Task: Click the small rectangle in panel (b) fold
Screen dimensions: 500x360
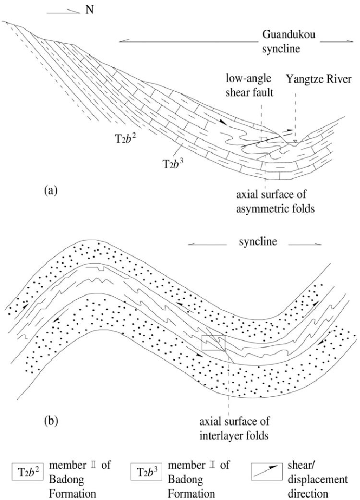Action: click(213, 343)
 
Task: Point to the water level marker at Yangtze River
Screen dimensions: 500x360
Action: click(296, 141)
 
